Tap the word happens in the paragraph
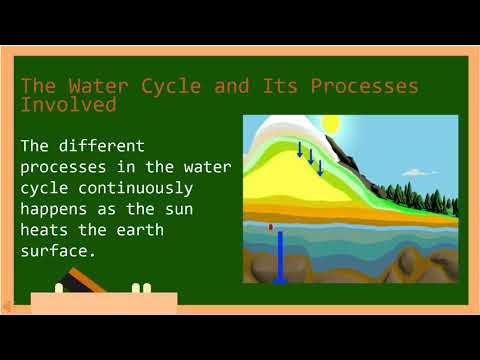pos(56,209)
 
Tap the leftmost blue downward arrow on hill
pos(299,150)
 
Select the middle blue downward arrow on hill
pos(310,158)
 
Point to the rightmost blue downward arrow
pos(320,166)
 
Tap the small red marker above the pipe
pos(270,227)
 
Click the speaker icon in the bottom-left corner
pos(8,304)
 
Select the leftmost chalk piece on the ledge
pos(59,288)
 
